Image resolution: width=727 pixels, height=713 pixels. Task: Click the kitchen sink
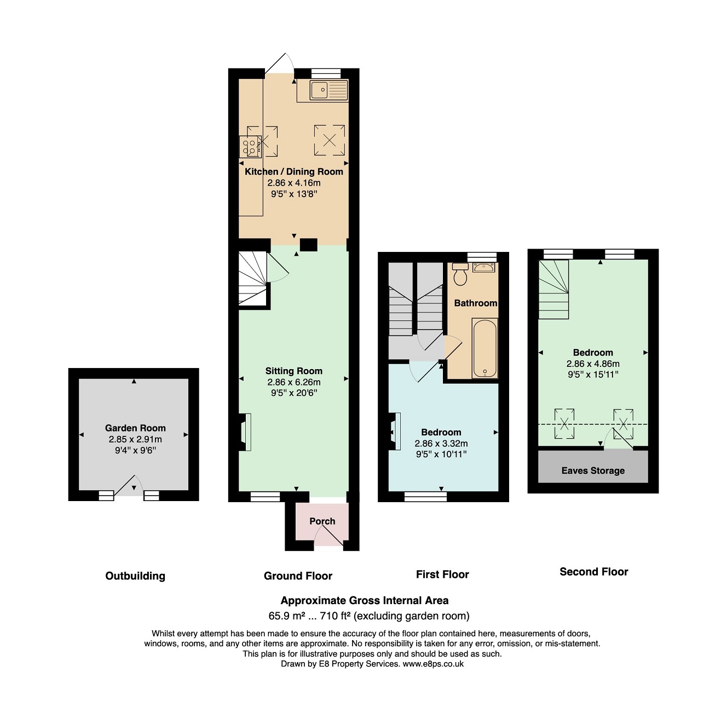[328, 90]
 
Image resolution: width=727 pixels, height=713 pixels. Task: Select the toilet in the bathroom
[460, 274]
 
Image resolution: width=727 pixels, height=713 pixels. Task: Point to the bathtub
[485, 348]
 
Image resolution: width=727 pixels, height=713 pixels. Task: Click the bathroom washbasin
[483, 268]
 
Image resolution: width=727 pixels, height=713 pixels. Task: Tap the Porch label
[322, 521]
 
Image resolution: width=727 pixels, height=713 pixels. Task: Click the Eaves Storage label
[593, 470]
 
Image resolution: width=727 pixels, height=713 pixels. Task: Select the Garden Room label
[135, 428]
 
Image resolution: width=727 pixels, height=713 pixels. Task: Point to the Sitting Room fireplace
[245, 432]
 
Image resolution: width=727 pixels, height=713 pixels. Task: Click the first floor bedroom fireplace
[395, 432]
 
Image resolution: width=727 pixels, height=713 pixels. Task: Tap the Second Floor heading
[594, 572]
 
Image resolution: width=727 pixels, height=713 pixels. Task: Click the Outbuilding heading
[135, 576]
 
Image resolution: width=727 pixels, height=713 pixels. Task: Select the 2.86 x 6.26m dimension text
[294, 382]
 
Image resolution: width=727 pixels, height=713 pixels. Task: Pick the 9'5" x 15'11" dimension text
[593, 375]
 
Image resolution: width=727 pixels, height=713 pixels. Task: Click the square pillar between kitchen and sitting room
[309, 245]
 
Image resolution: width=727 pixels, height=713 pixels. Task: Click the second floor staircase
[553, 290]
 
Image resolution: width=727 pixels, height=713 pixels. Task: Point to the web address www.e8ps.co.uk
[433, 664]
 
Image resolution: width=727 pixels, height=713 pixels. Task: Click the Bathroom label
[475, 303]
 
